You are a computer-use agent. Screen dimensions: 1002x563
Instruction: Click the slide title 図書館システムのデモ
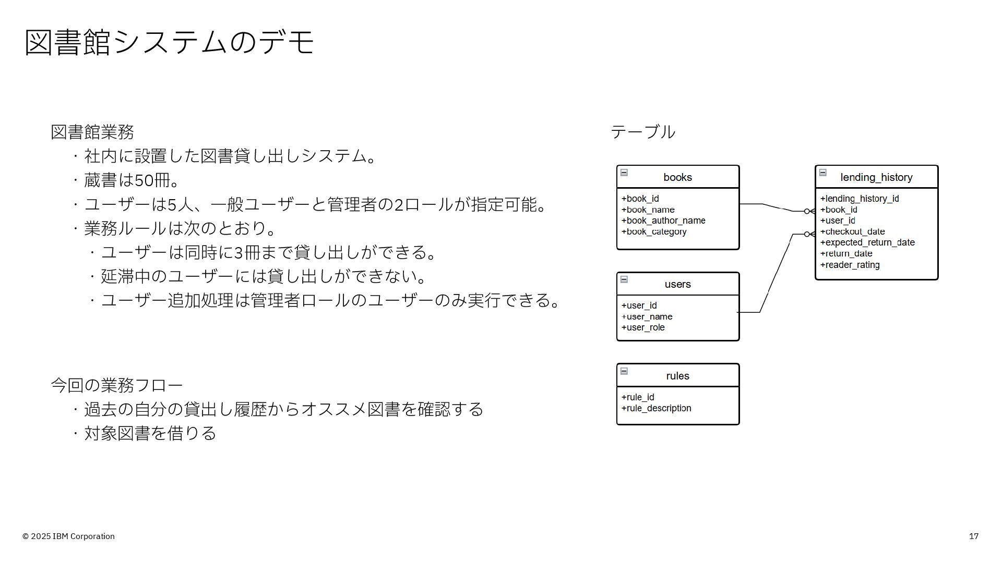[170, 42]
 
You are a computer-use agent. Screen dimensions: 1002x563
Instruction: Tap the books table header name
[677, 177]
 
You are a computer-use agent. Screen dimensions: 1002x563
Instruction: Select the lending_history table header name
[876, 177]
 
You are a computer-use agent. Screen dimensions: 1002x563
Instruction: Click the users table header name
[677, 284]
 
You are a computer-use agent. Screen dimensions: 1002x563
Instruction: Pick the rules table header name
[677, 376]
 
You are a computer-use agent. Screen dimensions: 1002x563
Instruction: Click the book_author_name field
[663, 221]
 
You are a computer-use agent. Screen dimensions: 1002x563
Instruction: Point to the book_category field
[654, 231]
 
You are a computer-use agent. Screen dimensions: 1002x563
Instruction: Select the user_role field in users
[643, 327]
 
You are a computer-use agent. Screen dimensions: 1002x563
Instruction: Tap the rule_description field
[657, 408]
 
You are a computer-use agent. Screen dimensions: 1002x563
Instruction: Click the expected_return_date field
[867, 242]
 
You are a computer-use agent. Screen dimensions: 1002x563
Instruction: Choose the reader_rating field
[850, 265]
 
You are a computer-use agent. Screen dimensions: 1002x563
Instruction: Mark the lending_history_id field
[860, 199]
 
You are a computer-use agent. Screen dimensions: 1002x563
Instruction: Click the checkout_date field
[852, 231]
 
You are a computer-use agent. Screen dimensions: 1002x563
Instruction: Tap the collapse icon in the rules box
[624, 371]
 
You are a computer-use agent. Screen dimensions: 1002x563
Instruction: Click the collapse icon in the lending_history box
[822, 173]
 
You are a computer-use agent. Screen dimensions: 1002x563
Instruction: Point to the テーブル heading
[643, 132]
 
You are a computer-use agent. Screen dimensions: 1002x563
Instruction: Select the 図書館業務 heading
[92, 132]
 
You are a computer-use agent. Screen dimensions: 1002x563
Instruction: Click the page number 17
[973, 536]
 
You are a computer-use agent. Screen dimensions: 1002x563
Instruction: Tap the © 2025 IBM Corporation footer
[68, 536]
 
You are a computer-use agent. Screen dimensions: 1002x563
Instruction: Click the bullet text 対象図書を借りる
[150, 433]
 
